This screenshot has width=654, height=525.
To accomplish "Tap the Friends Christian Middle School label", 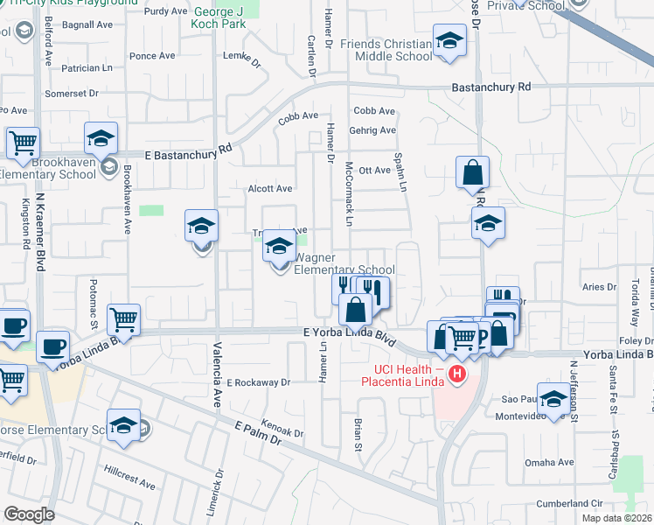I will coord(387,50).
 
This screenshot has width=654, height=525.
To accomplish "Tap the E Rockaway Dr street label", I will coord(258,382).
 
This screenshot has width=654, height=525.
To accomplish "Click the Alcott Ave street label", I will coord(270,188).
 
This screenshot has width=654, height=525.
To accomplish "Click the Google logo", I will coord(29,514).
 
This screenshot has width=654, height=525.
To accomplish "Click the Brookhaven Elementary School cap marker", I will coord(101,138).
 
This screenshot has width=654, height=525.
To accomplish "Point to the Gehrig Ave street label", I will coord(374,130).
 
